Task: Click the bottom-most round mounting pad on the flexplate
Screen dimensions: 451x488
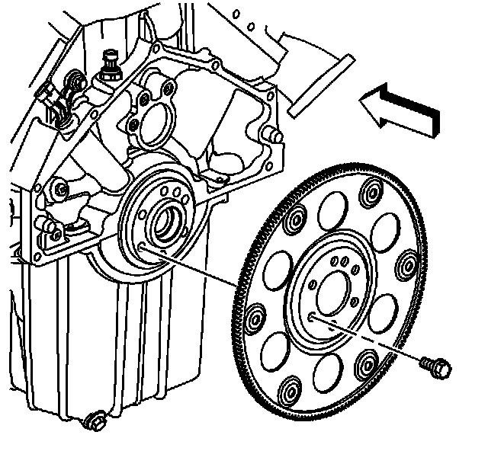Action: click(x=291, y=393)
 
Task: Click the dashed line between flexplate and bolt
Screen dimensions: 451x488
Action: click(x=374, y=341)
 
